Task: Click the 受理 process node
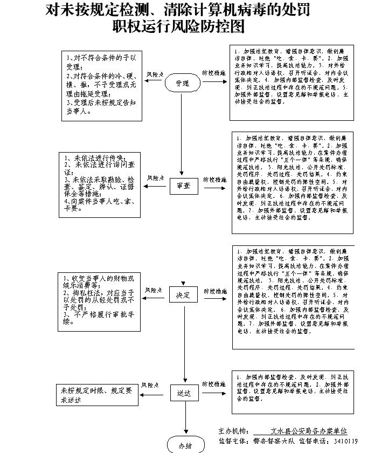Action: click(183, 83)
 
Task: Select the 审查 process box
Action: click(183, 186)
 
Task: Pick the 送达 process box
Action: click(182, 393)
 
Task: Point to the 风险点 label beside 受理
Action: click(155, 74)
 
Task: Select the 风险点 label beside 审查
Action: click(155, 177)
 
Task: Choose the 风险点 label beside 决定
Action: click(154, 290)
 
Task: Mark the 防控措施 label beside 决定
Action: click(214, 291)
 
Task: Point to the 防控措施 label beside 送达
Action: click(214, 384)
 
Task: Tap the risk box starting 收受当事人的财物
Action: click(98, 299)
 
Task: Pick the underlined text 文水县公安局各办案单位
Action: click(309, 431)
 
